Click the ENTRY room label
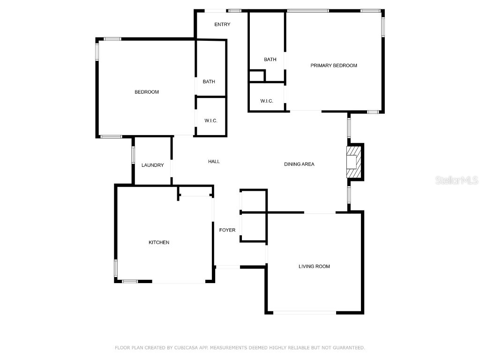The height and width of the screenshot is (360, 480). (222, 24)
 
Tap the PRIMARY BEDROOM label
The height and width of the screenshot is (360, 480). (334, 66)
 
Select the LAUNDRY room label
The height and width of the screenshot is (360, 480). (153, 165)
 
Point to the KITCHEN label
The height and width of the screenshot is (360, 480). (159, 242)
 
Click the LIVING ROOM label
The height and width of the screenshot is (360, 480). (314, 266)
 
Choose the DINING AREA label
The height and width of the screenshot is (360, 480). (299, 164)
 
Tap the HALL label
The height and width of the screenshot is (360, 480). (214, 162)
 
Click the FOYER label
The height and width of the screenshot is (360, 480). (227, 230)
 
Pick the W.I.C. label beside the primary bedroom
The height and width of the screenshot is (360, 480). (267, 101)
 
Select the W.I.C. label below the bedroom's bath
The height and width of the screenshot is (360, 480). (211, 121)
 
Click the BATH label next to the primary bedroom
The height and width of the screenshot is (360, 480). (270, 60)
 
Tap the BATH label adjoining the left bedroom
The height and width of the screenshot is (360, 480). (209, 82)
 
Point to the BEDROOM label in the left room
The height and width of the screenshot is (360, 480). (147, 92)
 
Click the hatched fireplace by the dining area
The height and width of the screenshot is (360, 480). (355, 162)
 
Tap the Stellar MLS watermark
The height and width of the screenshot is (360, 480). (457, 180)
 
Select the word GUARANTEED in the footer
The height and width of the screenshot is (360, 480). (347, 348)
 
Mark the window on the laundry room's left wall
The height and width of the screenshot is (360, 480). (133, 155)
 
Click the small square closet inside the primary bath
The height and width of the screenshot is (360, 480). (256, 76)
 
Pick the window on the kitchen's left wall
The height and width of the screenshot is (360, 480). (116, 268)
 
